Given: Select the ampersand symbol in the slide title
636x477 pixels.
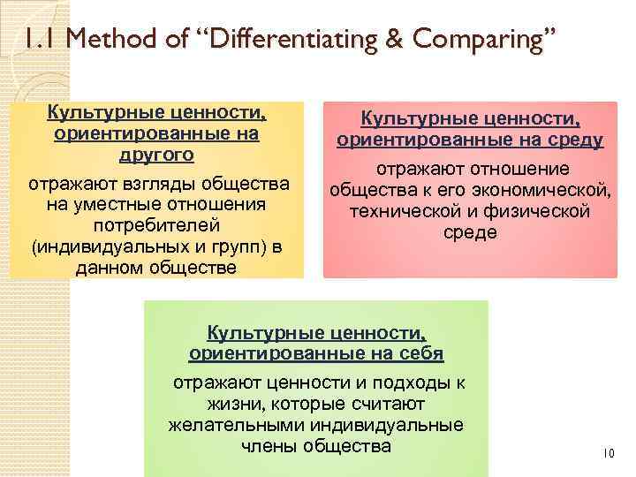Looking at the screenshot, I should click(366, 40).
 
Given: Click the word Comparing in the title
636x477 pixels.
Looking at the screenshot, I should click(464, 40).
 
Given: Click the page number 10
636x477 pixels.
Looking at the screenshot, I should click(608, 453).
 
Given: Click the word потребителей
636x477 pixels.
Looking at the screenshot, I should click(155, 226).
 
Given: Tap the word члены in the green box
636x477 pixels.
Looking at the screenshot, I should click(269, 445).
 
